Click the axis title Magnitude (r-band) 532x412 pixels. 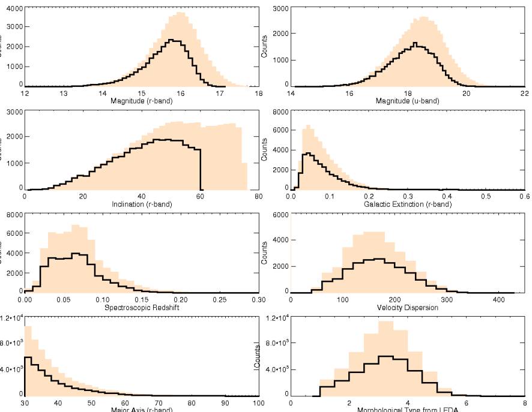pos(142,100)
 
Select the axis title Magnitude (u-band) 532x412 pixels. pos(408,100)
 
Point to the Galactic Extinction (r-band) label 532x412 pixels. pos(407,203)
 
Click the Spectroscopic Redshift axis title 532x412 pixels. pos(142,307)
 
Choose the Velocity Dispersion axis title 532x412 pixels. pos(408,307)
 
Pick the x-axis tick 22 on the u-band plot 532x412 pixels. pos(524,94)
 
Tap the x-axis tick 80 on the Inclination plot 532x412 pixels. pos(258,197)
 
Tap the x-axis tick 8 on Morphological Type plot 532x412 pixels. pos(524,403)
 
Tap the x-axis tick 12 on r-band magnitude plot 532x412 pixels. pos(25,94)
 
